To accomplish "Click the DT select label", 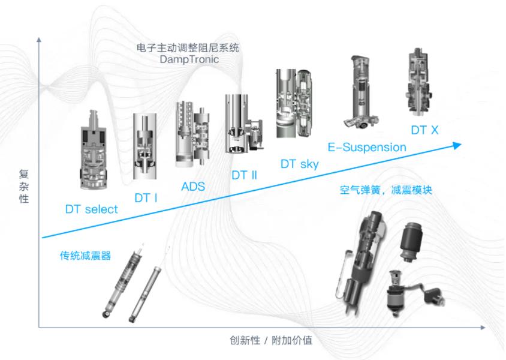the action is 91,209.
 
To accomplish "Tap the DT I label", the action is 146,198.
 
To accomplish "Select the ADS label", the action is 193,187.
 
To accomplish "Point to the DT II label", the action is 244,175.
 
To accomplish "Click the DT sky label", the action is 300,164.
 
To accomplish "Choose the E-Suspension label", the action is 367,147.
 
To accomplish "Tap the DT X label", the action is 424,130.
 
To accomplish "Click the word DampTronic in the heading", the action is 189,59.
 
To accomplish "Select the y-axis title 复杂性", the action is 24,186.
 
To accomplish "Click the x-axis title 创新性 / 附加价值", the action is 271,340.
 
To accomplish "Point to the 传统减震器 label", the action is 85,256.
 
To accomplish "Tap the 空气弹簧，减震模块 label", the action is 385,190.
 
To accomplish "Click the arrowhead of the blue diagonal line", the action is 457,145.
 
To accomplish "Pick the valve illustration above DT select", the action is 93,149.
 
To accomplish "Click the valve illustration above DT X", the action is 418,82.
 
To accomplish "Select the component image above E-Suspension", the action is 360,92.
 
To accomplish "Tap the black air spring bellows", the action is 411,240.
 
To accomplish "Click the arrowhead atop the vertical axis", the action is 39,40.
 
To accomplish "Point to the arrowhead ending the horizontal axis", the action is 483,328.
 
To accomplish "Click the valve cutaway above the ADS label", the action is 192,134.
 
